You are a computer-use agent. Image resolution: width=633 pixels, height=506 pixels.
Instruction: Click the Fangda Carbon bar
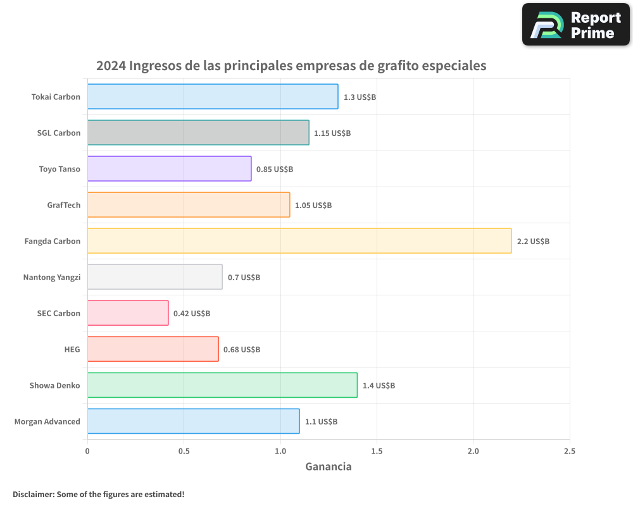coord(299,241)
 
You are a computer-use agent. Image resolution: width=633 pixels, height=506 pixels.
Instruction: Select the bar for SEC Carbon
coord(128,313)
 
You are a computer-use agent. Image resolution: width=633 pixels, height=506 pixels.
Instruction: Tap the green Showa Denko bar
coord(222,385)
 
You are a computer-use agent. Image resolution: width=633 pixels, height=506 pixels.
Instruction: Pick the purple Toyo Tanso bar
coord(169,169)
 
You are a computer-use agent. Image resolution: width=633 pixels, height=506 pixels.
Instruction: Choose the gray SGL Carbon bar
coord(198,133)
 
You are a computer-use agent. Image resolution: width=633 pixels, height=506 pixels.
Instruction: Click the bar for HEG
coord(153,349)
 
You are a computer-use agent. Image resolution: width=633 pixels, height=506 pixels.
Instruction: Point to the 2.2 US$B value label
coord(533,241)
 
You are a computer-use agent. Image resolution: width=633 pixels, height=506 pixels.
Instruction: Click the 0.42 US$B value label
coord(192,313)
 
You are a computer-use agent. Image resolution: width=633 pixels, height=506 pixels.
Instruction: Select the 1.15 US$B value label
coord(332,133)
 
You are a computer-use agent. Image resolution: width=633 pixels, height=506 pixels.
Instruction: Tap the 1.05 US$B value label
coord(313,205)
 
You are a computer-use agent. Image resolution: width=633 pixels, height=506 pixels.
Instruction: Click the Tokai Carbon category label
coord(56,97)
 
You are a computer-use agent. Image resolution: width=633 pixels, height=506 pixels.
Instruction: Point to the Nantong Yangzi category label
coord(51,277)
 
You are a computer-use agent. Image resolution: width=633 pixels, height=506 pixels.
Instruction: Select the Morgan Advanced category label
coord(47,421)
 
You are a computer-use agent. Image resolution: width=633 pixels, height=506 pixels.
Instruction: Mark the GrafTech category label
coord(63,205)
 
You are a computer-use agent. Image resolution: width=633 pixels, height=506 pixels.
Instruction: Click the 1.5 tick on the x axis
coord(377,451)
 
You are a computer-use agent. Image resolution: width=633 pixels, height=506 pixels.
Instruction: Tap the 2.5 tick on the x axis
coord(570,451)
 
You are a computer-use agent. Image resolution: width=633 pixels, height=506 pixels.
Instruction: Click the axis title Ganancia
coord(328,467)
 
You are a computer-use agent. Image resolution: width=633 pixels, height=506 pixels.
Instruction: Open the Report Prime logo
coord(575,25)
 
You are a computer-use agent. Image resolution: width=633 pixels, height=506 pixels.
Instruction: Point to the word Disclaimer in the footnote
coord(32,494)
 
